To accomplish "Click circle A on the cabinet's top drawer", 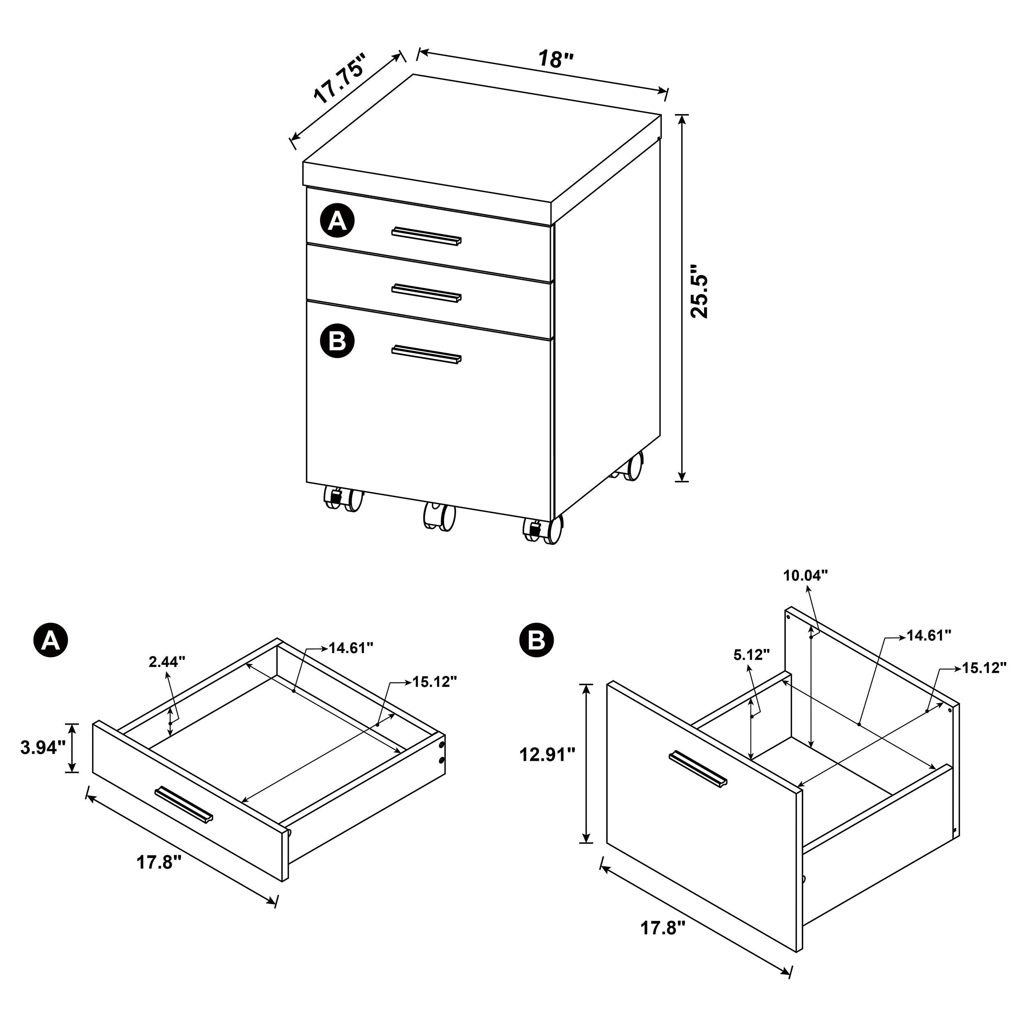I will click(337, 220).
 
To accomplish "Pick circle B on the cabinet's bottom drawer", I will click(337, 340).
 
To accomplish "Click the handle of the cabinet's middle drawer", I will click(426, 293).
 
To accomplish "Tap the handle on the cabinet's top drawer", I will click(426, 237).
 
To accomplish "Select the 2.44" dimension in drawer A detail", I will click(167, 661).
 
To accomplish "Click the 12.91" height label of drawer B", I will click(548, 755).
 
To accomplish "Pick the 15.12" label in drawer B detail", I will click(984, 668).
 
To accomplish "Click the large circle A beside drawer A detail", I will click(51, 641).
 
